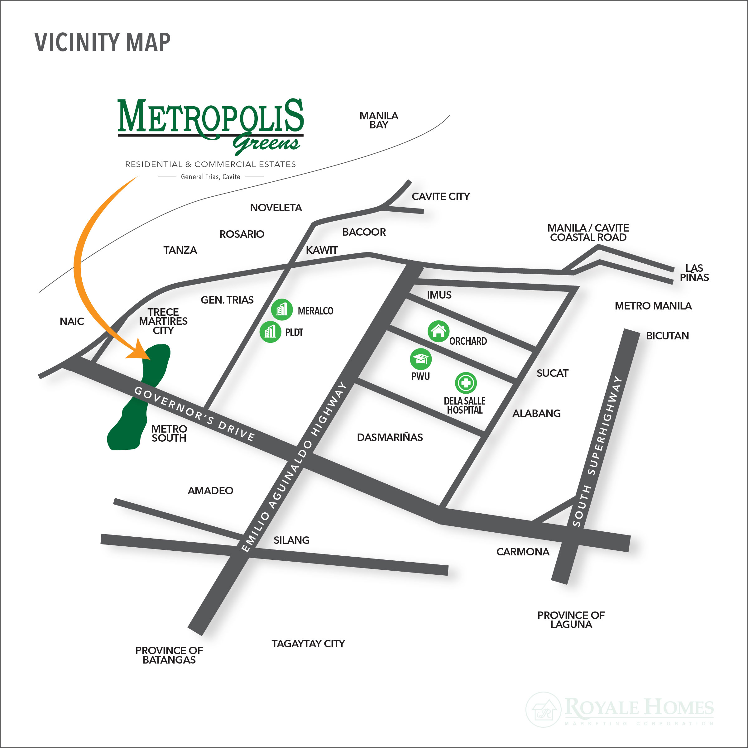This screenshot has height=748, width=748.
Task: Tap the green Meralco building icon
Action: point(281,310)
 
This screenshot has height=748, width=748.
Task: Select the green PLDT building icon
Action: point(270,332)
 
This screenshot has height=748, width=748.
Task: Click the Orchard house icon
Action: point(438,331)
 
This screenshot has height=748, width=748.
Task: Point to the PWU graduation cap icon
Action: point(420,359)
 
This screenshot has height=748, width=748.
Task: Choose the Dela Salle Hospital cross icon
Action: point(466,383)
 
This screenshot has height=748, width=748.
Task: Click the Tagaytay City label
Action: point(308,644)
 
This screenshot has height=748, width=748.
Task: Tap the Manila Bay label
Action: point(379,120)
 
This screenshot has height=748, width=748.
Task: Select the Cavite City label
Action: point(441,197)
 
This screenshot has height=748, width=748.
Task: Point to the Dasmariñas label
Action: point(390,438)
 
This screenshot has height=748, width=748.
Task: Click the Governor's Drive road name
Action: point(194,414)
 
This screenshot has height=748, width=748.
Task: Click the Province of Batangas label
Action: point(169,655)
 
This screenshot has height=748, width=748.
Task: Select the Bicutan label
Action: point(668,336)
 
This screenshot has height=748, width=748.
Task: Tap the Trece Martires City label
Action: point(163,321)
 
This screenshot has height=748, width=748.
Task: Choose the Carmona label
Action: point(523,552)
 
